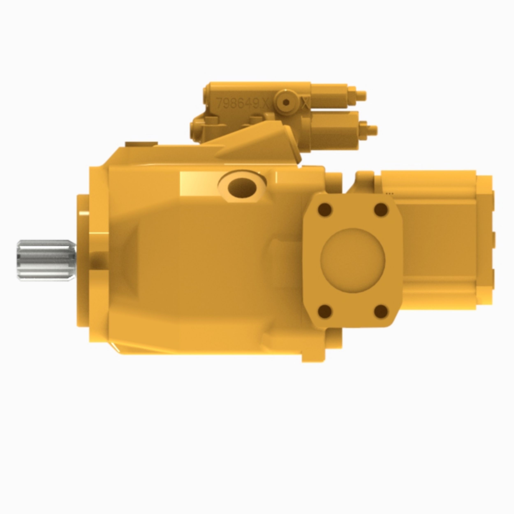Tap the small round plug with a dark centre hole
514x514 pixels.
tap(286, 102)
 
